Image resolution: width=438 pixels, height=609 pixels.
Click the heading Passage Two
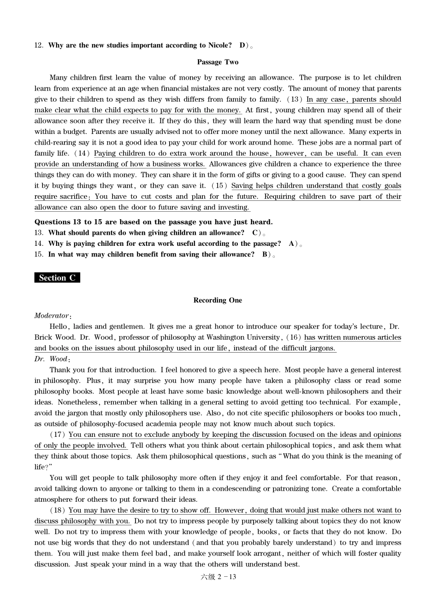218,62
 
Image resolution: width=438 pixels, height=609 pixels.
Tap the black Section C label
57,278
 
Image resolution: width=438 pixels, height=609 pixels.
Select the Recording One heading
218,300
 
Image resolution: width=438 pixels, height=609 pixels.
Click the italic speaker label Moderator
52,316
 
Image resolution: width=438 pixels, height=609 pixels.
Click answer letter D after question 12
243,45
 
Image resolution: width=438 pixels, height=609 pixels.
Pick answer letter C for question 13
255,233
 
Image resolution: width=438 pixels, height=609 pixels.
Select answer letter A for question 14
291,244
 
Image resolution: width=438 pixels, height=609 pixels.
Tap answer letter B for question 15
265,255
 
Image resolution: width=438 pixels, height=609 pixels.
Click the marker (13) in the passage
295,99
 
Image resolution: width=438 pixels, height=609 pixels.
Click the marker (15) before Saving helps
219,186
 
